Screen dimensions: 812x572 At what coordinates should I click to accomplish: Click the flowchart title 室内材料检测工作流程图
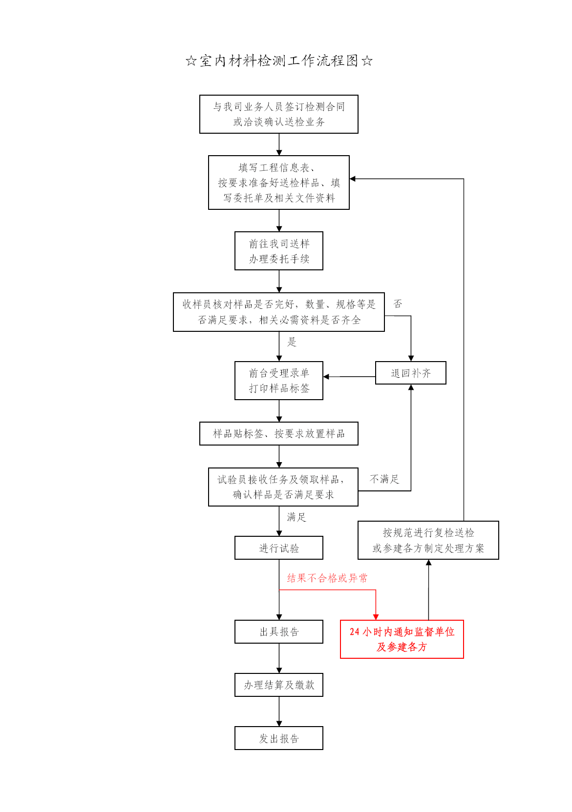click(x=279, y=61)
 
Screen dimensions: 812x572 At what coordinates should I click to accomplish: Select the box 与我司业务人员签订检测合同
click(x=278, y=114)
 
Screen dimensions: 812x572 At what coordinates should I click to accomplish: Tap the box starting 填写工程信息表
click(x=278, y=183)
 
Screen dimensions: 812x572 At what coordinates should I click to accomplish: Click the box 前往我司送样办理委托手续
click(x=278, y=251)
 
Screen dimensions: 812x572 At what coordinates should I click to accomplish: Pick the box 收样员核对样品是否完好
click(x=278, y=312)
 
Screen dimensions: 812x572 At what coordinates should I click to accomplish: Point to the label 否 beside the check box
click(x=398, y=304)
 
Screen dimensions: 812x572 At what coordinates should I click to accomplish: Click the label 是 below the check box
click(x=292, y=342)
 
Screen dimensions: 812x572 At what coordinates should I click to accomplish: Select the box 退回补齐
click(x=410, y=373)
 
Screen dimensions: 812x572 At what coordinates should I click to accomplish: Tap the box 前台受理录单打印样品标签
click(x=278, y=381)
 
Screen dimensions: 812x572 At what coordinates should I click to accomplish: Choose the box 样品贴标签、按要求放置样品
click(x=278, y=434)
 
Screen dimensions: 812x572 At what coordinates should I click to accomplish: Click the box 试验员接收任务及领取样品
click(x=283, y=487)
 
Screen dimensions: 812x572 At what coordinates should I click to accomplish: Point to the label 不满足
click(x=384, y=479)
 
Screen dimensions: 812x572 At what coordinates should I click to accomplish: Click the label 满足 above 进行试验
click(x=296, y=517)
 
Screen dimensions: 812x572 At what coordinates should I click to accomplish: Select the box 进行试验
click(x=278, y=548)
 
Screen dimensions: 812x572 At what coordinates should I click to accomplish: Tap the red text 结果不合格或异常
click(x=327, y=578)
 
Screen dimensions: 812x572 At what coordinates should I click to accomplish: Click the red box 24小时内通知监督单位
click(x=402, y=639)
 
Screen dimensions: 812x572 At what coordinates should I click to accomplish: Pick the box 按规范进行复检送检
click(x=428, y=540)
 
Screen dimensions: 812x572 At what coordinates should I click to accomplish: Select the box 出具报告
click(x=278, y=632)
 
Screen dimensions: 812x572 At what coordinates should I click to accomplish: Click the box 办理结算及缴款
click(x=278, y=685)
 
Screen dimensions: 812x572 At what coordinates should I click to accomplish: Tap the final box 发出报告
click(x=278, y=738)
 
